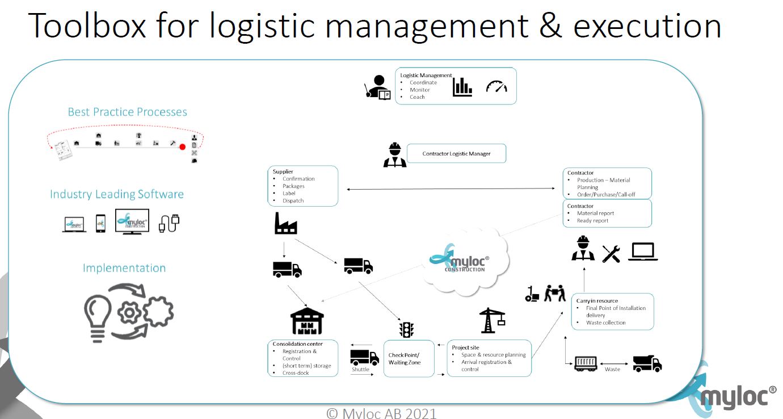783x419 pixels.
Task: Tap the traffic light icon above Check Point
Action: point(407,329)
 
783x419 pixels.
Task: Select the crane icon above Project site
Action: point(492,320)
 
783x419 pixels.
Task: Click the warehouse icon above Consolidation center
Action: point(307,322)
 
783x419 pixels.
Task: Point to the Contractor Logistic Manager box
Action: point(456,153)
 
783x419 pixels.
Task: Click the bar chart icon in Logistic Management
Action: point(462,86)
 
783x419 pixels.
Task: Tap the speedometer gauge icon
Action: point(496,86)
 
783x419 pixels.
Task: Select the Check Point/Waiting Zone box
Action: point(409,358)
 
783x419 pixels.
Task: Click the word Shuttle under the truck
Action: point(360,369)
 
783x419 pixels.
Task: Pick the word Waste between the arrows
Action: point(612,369)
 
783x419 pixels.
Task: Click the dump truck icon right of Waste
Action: point(647,363)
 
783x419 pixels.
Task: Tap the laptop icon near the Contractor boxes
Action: point(643,252)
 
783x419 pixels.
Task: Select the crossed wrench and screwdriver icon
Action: point(611,253)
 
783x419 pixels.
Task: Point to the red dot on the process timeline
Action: point(182,147)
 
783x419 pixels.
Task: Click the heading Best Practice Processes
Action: point(127,112)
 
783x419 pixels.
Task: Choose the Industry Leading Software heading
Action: point(117,194)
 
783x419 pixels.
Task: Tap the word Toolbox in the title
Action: point(87,26)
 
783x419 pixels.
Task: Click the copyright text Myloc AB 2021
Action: point(381,413)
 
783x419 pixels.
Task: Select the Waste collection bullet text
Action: point(606,322)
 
